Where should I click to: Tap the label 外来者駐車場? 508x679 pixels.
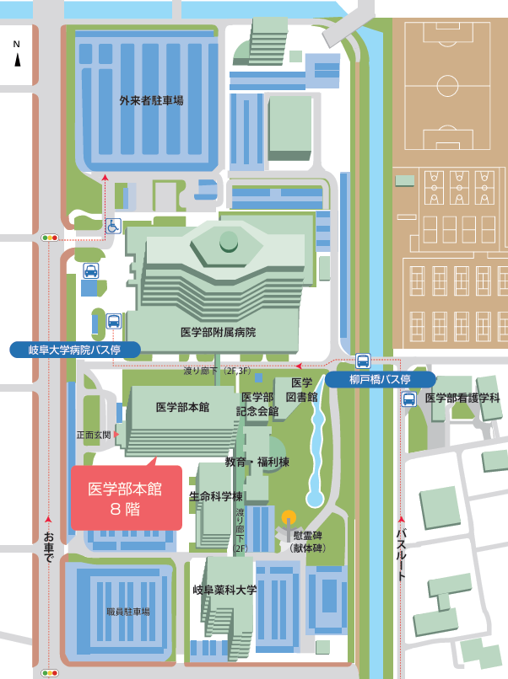(151, 100)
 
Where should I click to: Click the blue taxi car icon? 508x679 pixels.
(89, 270)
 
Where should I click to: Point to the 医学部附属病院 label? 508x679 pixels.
(218, 332)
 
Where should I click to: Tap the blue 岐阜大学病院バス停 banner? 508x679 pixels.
(73, 349)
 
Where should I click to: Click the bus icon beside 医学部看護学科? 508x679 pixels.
(408, 398)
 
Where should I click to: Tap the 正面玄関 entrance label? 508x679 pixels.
(93, 436)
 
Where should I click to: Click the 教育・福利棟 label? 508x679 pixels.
(257, 462)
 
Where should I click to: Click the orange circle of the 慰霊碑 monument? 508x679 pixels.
(289, 516)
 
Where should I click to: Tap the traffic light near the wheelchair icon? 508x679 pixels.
(50, 238)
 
